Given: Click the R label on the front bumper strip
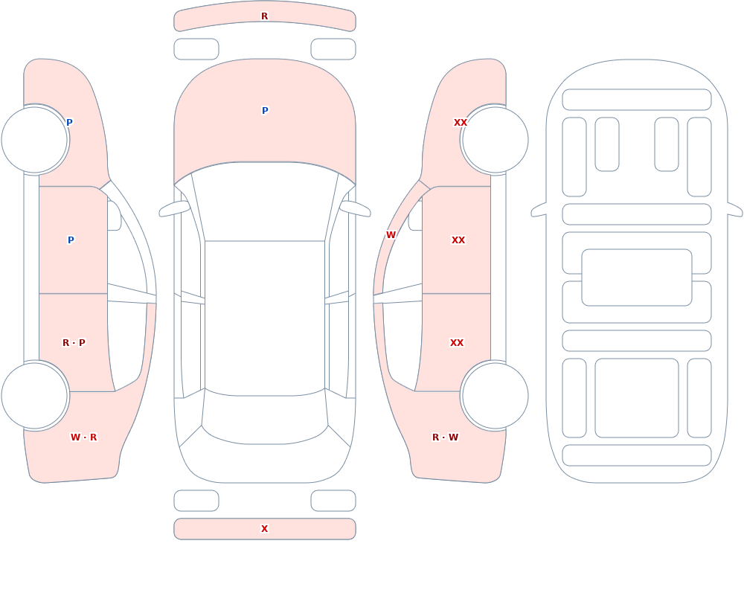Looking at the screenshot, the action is (x=264, y=16).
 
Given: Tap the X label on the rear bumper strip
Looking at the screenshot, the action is (x=264, y=529).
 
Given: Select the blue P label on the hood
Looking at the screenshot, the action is (x=265, y=111).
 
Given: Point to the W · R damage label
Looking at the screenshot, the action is (x=83, y=437).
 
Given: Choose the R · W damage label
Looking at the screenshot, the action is (x=445, y=437).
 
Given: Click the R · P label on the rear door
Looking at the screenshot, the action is (x=74, y=343).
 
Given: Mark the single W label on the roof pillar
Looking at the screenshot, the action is (x=391, y=235).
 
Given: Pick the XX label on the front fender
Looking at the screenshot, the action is (x=461, y=123).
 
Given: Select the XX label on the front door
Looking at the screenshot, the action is (x=458, y=240).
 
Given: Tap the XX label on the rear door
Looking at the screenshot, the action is (x=457, y=343).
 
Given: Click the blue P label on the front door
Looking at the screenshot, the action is (x=71, y=240).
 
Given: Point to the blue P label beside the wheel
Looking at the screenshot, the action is (x=69, y=123).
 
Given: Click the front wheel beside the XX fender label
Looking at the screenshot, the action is (x=495, y=140).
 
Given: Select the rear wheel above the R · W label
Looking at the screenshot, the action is (x=495, y=395).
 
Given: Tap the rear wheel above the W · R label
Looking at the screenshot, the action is (x=35, y=395).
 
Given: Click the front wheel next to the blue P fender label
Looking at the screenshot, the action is (x=35, y=140).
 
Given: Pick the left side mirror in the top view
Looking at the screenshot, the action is (x=174, y=208).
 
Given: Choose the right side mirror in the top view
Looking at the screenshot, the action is (x=355, y=208).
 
